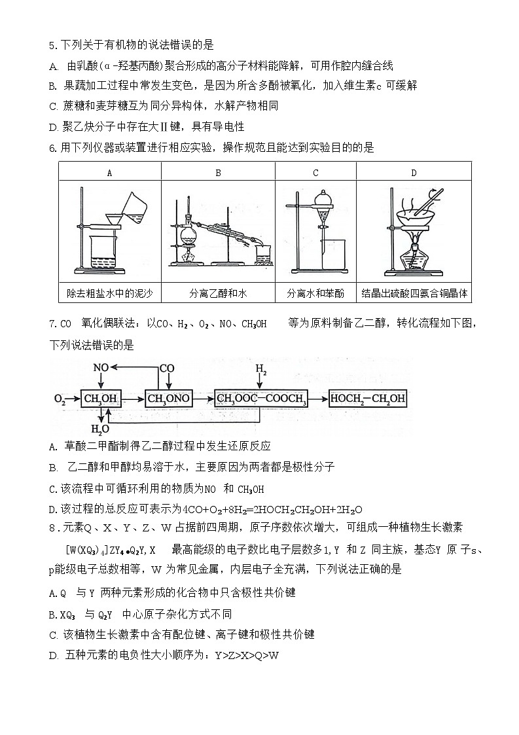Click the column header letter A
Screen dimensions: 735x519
click(x=109, y=173)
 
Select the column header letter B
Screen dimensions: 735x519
click(x=218, y=173)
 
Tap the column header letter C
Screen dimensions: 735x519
click(x=315, y=173)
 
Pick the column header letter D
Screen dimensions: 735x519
click(x=414, y=173)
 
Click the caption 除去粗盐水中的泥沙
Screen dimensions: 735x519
click(x=109, y=293)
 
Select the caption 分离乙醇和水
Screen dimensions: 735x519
click(x=218, y=293)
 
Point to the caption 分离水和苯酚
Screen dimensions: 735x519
click(x=315, y=293)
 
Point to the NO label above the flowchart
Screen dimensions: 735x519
click(x=100, y=368)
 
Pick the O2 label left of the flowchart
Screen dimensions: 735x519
click(x=60, y=398)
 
